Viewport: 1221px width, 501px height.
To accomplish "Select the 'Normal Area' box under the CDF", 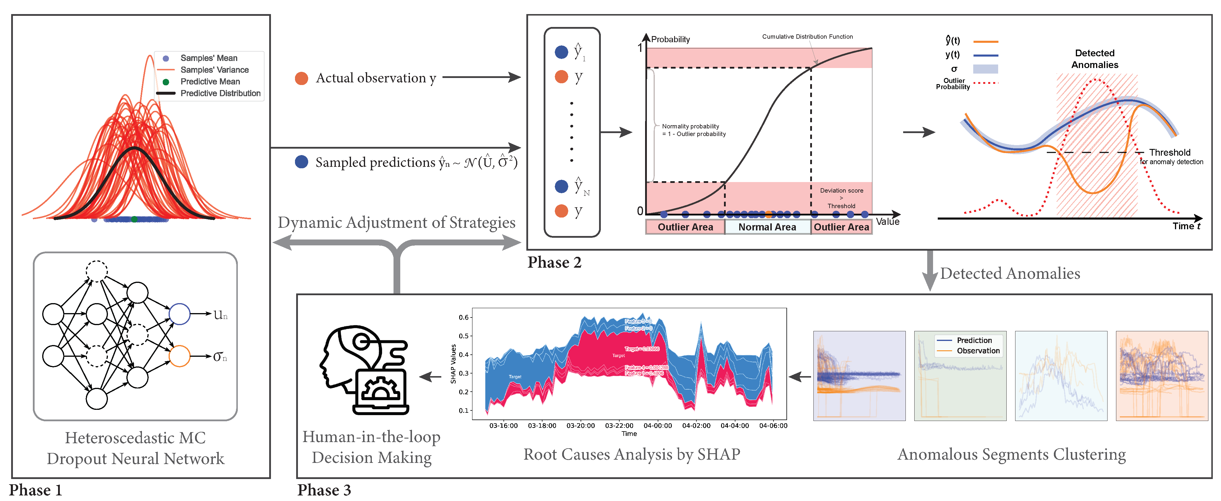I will tap(767, 227).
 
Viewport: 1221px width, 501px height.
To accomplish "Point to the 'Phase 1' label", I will tap(35, 490).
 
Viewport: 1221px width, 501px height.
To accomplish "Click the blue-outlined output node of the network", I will tap(180, 314).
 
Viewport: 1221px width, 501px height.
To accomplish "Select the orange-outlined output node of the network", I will tap(180, 356).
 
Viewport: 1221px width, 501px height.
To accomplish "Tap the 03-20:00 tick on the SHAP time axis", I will tap(580, 426).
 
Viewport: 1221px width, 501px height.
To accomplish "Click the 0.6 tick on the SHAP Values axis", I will tap(464, 317).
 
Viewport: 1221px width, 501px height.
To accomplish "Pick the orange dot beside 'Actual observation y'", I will tap(301, 78).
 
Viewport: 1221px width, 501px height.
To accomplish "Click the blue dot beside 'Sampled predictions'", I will tap(301, 162).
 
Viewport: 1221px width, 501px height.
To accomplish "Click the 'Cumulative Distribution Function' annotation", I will tap(807, 36).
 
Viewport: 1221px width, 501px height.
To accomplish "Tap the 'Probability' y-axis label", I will tap(670, 39).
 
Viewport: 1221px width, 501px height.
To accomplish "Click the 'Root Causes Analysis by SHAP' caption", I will tap(631, 454).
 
